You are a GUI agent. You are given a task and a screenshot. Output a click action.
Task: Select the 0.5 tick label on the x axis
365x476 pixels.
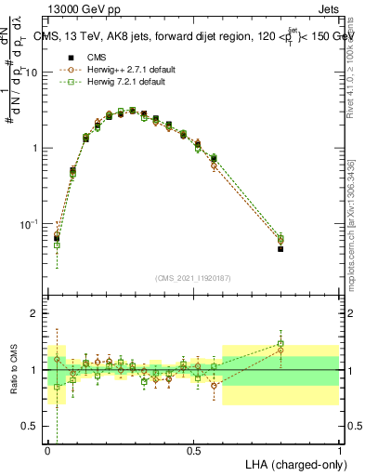pos(193,449)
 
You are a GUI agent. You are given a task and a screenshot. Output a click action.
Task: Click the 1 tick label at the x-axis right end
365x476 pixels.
pos(339,449)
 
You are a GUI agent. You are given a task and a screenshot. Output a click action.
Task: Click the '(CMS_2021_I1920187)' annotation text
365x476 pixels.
pos(193,277)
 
